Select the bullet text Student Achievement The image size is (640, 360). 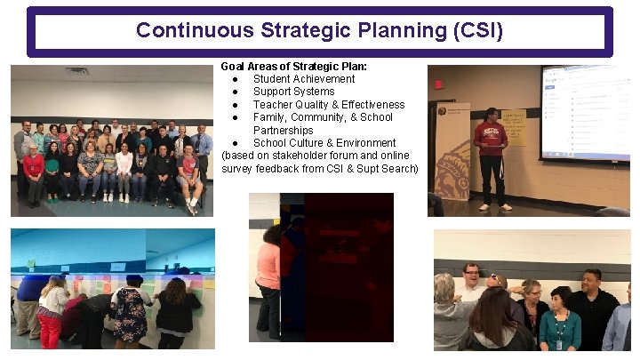(x=304, y=79)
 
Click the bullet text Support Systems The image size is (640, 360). (x=293, y=92)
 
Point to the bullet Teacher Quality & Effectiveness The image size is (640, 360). (x=328, y=105)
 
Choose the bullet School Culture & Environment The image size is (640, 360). (x=324, y=143)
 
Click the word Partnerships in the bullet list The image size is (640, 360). (x=283, y=131)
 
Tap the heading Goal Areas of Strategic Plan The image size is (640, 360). (x=292, y=67)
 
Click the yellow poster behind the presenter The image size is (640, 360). (x=514, y=127)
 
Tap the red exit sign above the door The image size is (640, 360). (x=438, y=84)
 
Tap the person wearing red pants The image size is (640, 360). (x=51, y=316)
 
